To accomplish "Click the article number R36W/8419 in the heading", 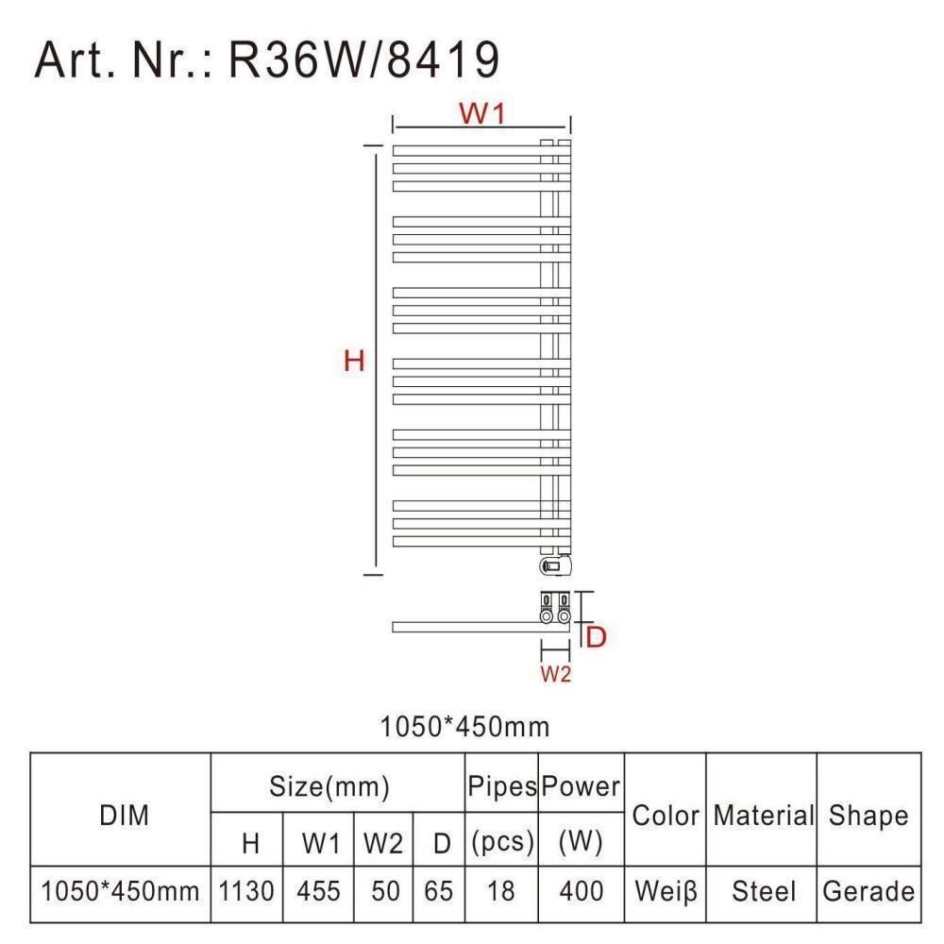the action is click(364, 59).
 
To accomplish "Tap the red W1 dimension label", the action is click(482, 113).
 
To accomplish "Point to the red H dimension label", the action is click(354, 362).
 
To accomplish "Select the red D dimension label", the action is click(596, 637).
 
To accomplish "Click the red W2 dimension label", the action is click(555, 674).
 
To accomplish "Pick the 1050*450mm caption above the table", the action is click(464, 727).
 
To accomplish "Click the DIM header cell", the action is click(124, 816).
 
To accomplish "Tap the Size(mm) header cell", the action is click(329, 786).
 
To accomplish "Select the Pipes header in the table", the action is click(502, 786).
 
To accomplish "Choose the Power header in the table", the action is click(581, 786).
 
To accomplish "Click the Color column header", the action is click(666, 816).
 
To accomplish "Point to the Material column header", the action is click(764, 816).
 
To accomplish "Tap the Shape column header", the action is click(868, 816).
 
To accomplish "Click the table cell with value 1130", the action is click(246, 891).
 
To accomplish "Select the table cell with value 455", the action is click(318, 891).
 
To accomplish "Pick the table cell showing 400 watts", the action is click(581, 891).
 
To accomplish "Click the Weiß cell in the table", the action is click(666, 891).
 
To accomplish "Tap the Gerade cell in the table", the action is click(868, 891).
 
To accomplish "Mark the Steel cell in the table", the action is click(764, 891).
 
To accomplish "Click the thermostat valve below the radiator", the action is click(555, 565).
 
